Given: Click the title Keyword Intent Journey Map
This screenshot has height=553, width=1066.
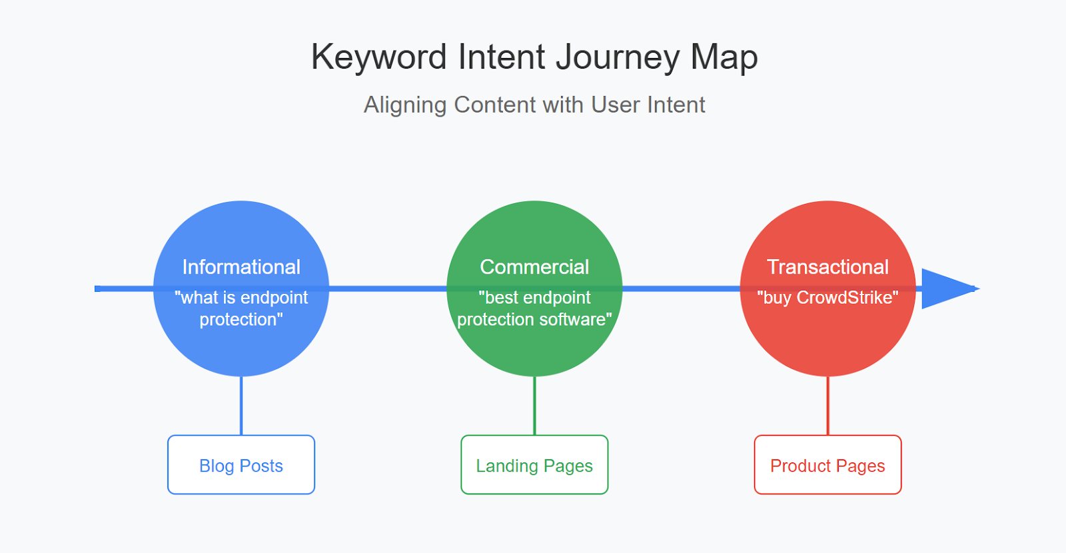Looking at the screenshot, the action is pos(534,57).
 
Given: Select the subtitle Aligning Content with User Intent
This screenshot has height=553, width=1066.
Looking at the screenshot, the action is pos(534,105).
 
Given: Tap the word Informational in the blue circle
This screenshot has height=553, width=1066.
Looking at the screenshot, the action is pos(241,267).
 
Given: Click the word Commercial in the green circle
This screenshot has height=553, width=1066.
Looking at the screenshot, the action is pos(534,267).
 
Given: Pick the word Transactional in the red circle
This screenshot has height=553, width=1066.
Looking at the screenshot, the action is pos(827,267).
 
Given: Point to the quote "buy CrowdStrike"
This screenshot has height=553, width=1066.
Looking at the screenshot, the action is pos(827,297).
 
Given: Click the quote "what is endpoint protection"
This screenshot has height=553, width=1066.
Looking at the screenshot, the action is pos(241,308).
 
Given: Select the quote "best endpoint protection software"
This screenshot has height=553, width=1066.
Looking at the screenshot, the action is pos(534,308).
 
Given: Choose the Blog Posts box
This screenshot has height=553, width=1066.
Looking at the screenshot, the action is pos(241,465).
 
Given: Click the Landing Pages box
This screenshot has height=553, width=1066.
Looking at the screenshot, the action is pos(534,465).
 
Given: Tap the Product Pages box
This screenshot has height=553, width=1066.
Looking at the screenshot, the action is pos(827,465).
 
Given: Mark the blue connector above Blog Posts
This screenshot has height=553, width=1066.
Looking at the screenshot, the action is pos(241,406).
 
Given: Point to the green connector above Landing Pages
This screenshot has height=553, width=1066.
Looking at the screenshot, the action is pos(534,406).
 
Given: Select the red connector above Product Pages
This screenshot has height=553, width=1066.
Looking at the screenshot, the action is pos(827,406).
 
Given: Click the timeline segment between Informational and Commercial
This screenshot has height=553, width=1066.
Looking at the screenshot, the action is pos(388,289).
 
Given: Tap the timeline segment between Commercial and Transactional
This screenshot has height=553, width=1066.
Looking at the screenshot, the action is pos(681,289).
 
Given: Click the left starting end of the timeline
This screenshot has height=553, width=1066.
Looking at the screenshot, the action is pos(96,289).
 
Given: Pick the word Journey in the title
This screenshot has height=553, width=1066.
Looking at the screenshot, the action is pos(618,58).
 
